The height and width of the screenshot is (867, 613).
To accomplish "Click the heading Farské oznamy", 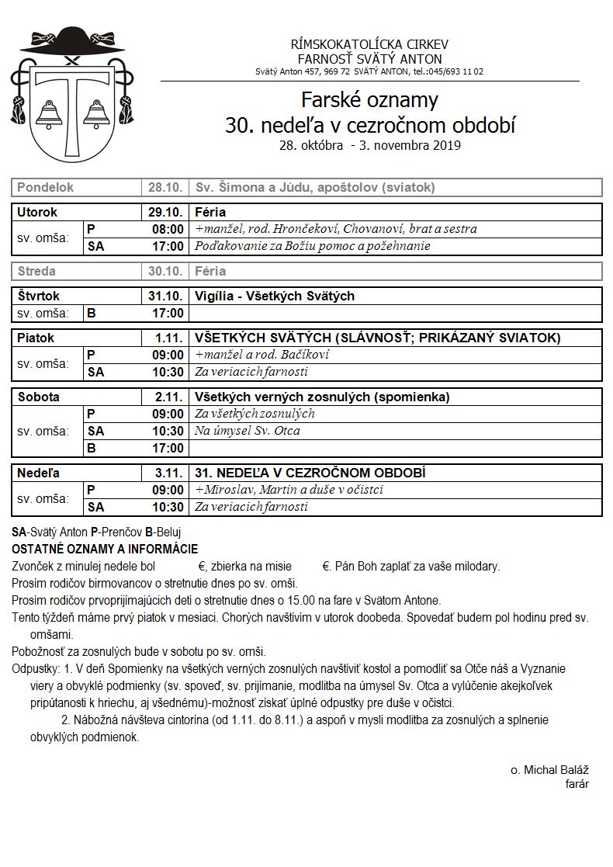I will (369, 100).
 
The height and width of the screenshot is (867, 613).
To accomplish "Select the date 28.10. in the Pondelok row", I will (165, 188).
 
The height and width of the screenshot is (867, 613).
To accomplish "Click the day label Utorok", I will (38, 212).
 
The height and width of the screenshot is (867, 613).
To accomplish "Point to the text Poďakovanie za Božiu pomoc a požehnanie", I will (313, 246).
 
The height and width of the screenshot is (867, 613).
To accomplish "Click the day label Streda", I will (36, 272).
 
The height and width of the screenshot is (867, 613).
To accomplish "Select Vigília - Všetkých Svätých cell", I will (275, 296).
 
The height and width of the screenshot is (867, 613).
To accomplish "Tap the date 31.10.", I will (165, 296).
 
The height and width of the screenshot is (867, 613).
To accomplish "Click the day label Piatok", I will (36, 338).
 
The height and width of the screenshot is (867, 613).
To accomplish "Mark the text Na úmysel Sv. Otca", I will (248, 431).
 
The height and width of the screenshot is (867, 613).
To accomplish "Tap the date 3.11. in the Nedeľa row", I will (168, 473).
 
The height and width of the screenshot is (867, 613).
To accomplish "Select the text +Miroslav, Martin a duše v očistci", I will (289, 490).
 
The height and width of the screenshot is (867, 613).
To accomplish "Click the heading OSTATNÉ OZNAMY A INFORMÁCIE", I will (105, 549).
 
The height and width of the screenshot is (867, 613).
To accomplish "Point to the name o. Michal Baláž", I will (549, 770).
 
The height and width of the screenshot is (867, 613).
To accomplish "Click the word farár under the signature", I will (577, 784).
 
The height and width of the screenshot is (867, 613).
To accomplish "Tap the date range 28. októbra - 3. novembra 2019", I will (370, 145).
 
